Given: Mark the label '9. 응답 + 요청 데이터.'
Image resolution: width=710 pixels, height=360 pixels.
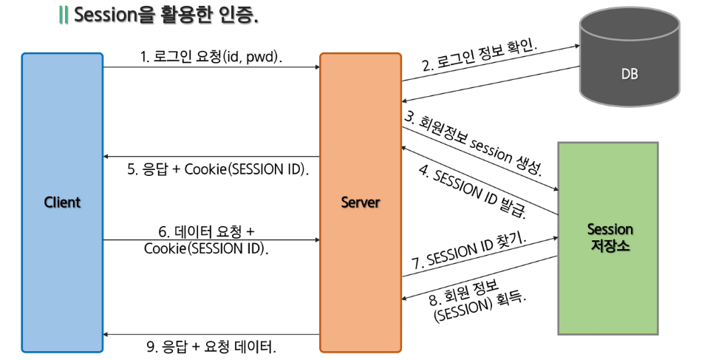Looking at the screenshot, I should tap(212, 346).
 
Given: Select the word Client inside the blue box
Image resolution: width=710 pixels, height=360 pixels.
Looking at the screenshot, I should tap(62, 202).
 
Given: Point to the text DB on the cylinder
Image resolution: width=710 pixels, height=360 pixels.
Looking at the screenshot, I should tap(629, 75).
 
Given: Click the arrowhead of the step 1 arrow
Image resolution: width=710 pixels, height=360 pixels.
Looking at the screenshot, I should tap(316, 67).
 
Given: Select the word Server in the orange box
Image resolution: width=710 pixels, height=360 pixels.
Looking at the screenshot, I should tap(360, 202).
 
